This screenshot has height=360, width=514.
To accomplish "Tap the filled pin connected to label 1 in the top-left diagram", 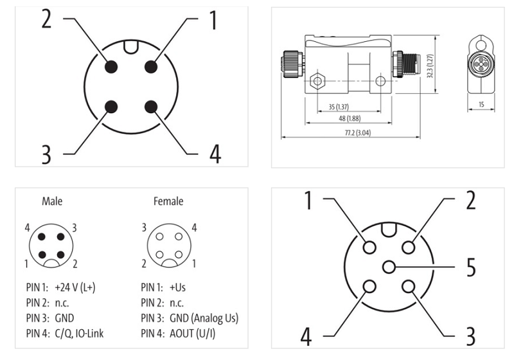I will (x=151, y=67).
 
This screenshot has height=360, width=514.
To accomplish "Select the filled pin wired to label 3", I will (x=111, y=107).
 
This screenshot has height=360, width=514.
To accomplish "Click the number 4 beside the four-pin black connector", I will (x=215, y=154).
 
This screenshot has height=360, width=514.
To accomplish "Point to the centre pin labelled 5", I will (x=389, y=267).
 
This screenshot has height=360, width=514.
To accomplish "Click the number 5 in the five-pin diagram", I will (x=471, y=267).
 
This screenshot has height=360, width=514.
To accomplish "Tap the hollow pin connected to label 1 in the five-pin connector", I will (x=369, y=247).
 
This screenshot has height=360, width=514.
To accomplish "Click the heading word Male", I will (x=52, y=201).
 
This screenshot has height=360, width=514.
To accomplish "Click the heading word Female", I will (x=168, y=201).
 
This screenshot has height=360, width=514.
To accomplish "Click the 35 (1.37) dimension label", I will (x=338, y=105).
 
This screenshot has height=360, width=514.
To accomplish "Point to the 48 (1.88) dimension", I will (x=350, y=118).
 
